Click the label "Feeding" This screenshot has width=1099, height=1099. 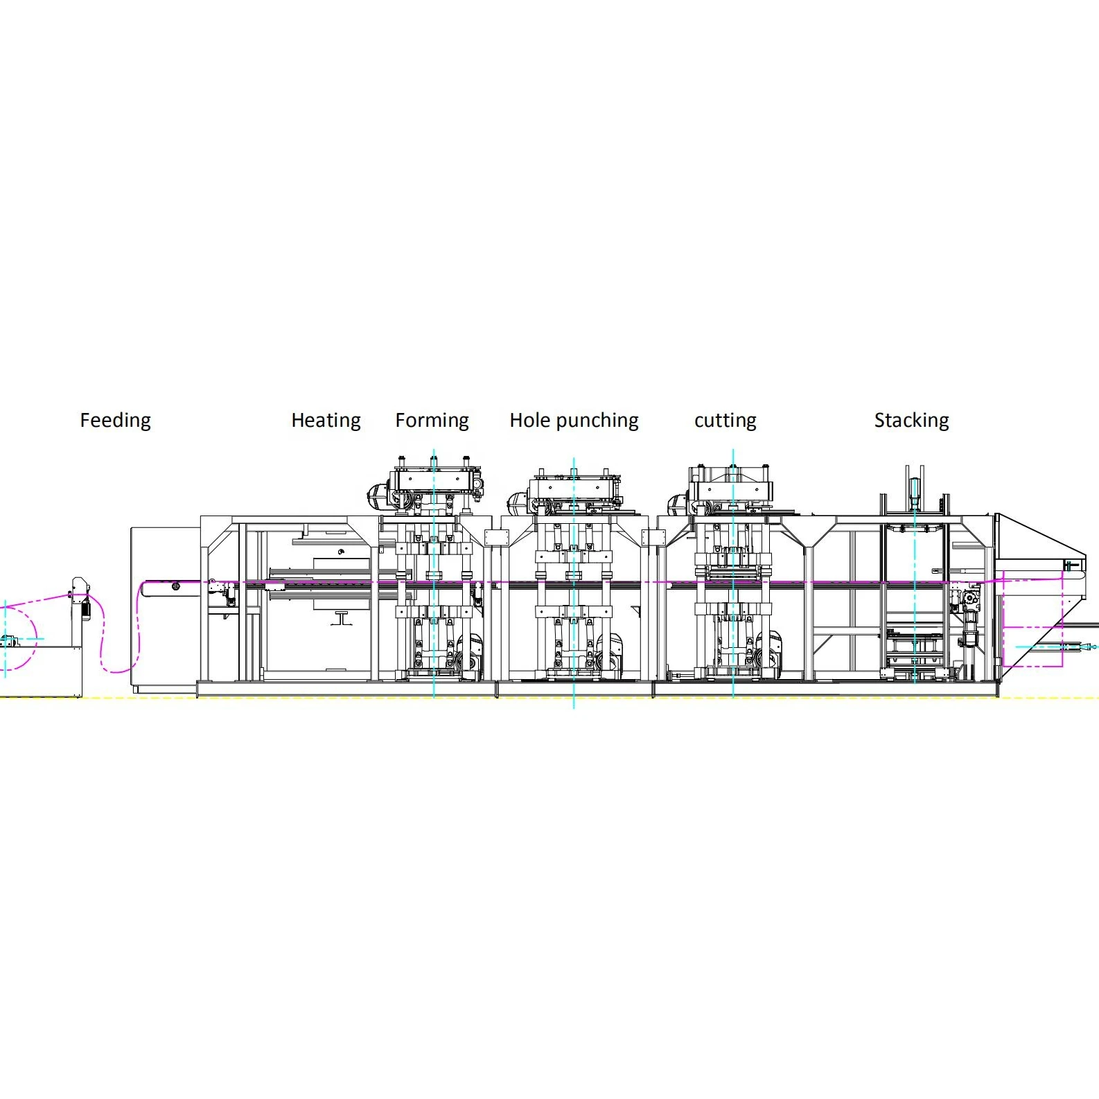[x=115, y=420]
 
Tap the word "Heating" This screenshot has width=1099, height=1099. [x=326, y=420]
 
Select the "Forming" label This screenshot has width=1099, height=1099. [x=432, y=420]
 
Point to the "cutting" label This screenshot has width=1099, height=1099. [x=725, y=420]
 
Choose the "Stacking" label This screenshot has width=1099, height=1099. [x=911, y=420]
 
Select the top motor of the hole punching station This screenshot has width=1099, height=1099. [x=519, y=501]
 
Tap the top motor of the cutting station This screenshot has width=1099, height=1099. [x=678, y=504]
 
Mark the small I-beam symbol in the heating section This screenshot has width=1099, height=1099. [x=341, y=618]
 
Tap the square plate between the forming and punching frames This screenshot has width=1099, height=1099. [x=496, y=538]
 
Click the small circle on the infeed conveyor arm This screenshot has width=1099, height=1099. [x=176, y=586]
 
